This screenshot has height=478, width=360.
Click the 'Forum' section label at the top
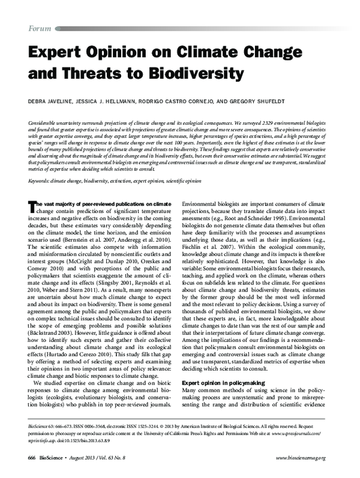[x=40, y=29]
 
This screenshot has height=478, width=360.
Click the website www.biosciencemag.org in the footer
[x=301, y=458]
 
